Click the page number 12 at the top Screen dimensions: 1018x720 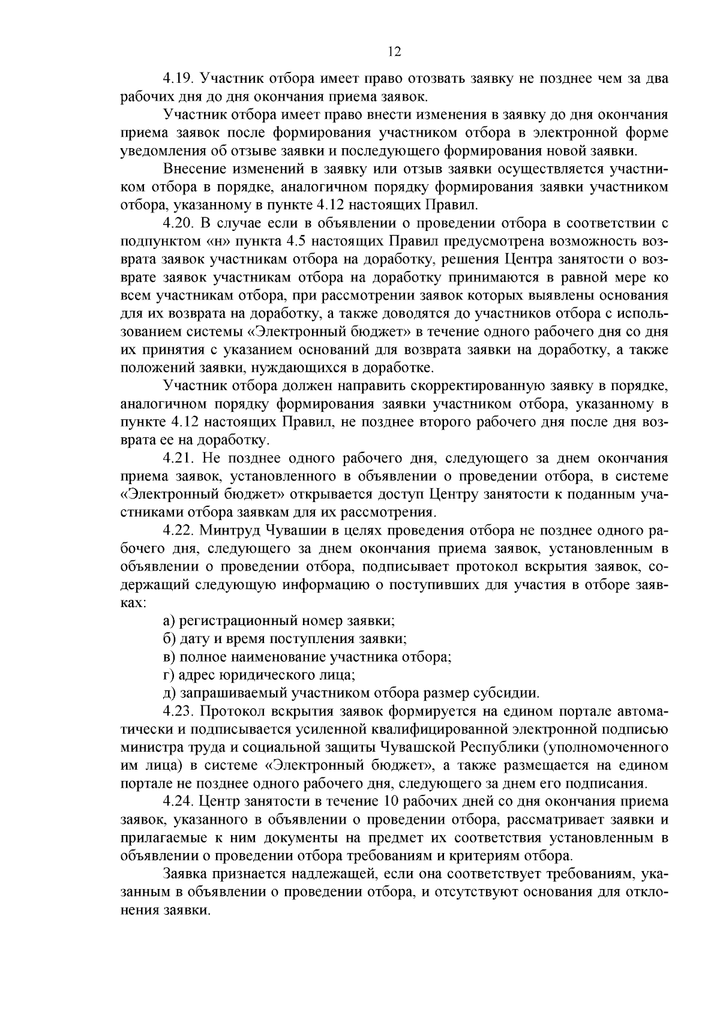tap(394, 52)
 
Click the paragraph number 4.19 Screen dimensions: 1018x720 tap(178, 79)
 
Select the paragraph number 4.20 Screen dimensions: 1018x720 tap(178, 224)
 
